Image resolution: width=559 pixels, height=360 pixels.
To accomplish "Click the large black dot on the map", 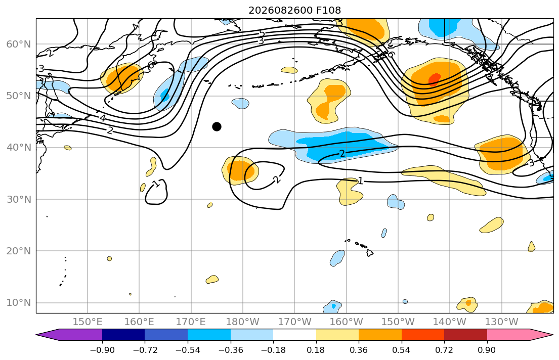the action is click(217, 126).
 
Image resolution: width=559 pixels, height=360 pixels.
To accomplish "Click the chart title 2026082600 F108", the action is click(294, 10).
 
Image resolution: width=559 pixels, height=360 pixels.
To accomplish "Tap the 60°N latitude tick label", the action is click(19, 44).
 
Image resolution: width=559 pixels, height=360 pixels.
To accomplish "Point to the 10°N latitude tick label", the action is click(19, 303).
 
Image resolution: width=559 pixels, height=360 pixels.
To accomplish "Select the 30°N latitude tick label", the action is click(19, 199).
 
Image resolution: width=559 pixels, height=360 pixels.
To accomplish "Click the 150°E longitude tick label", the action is click(88, 322).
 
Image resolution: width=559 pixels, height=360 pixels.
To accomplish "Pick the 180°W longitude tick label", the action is click(243, 322).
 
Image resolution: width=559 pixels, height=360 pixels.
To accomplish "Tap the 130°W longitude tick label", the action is click(502, 322).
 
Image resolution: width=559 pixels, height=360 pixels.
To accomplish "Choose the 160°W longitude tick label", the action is click(346, 322).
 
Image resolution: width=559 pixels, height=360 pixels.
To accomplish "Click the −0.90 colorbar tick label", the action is click(102, 350).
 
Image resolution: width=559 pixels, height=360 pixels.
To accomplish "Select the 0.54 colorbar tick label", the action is click(402, 350).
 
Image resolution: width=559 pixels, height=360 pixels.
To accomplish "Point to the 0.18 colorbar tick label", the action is click(316, 350).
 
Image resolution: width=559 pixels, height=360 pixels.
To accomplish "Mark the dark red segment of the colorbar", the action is click(465, 335).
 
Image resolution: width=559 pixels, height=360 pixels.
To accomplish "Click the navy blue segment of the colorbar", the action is click(123, 335).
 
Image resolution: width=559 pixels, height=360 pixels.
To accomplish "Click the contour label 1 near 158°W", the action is click(360, 181).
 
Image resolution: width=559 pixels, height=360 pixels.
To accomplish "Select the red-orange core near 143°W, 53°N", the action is click(434, 79).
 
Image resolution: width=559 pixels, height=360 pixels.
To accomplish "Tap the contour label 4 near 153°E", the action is click(103, 118).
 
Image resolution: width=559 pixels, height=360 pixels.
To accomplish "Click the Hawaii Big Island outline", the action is click(370, 253).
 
